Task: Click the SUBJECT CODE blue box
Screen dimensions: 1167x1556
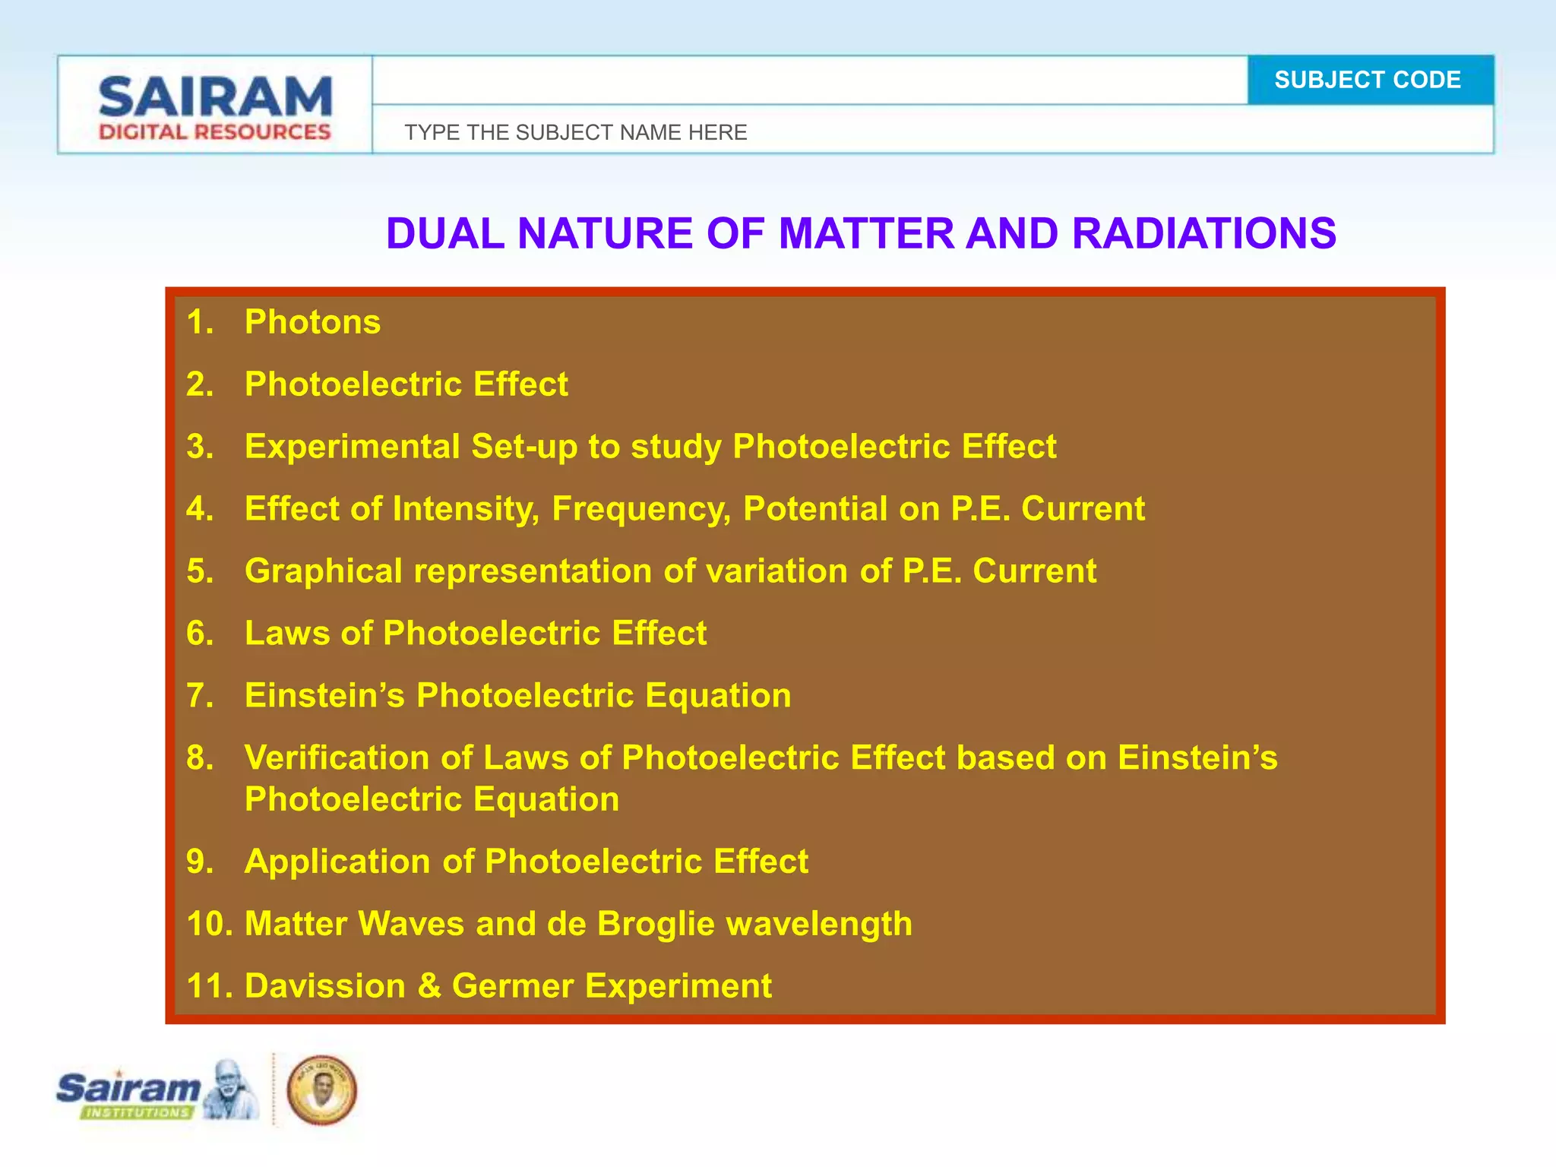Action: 1370,80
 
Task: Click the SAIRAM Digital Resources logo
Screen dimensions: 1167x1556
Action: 215,107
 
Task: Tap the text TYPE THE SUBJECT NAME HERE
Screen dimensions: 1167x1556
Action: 575,132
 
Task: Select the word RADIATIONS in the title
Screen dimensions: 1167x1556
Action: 1203,233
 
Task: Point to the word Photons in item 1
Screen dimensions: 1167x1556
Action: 312,322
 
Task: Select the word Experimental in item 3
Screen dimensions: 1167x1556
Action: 352,447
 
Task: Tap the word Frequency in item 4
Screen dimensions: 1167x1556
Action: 640,509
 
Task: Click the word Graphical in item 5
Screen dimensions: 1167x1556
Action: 323,571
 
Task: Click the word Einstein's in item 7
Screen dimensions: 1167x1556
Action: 324,695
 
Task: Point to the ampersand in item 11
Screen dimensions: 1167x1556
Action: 429,986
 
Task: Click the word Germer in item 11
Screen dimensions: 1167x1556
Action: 512,986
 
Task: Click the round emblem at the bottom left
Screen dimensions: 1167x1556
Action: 322,1090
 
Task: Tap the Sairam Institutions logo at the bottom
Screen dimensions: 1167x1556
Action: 156,1091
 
